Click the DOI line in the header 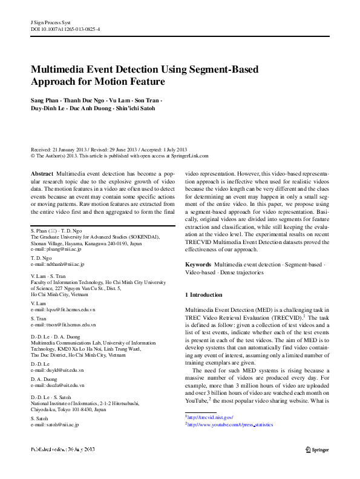point(65,28)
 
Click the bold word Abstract point(42,173)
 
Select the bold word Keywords point(197,265)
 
